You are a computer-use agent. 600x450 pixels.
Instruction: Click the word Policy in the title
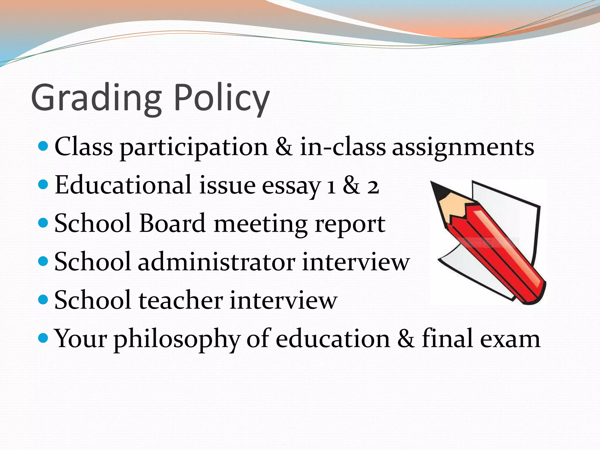point(221,98)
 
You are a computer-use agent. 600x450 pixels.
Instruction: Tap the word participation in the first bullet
point(194,147)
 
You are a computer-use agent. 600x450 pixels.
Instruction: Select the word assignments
point(463,147)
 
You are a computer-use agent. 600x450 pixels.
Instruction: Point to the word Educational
point(123,185)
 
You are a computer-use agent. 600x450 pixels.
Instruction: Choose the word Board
point(172,224)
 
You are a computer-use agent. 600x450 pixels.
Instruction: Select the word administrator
point(217,262)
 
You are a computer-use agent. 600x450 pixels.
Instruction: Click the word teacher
point(181,300)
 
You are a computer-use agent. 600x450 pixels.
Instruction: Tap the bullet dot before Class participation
point(43,146)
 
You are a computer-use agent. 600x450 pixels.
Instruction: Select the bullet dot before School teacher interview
point(43,299)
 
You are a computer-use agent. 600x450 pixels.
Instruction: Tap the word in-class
point(343,147)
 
